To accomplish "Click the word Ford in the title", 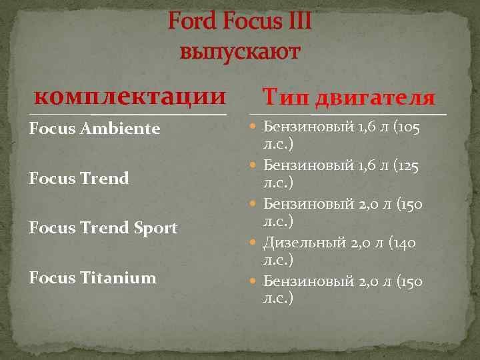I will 191,23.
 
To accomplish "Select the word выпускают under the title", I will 240,52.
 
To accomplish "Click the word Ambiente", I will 123,128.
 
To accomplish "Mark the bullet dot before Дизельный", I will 256,243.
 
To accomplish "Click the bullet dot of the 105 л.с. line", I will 256,127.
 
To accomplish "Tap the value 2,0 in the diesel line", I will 363,243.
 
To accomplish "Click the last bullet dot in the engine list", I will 256,282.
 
